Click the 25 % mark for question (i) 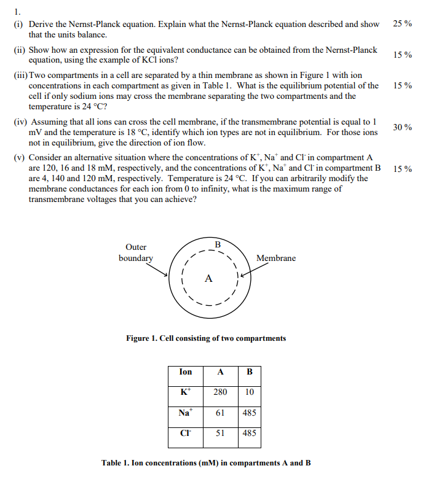(x=402, y=24)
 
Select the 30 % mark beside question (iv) (x=403, y=127)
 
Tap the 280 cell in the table (x=220, y=392)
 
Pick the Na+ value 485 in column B (x=249, y=413)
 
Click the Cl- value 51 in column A (x=220, y=434)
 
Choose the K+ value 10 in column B (x=249, y=392)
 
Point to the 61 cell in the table (x=220, y=413)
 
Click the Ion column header (x=185, y=372)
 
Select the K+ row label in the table (x=184, y=392)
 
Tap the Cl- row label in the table (x=184, y=434)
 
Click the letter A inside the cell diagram (x=208, y=279)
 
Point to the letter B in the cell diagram (x=217, y=245)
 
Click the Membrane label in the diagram (x=275, y=259)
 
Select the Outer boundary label (x=136, y=253)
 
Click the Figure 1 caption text (x=206, y=338)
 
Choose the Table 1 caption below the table (x=206, y=463)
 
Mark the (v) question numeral (x=20, y=158)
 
